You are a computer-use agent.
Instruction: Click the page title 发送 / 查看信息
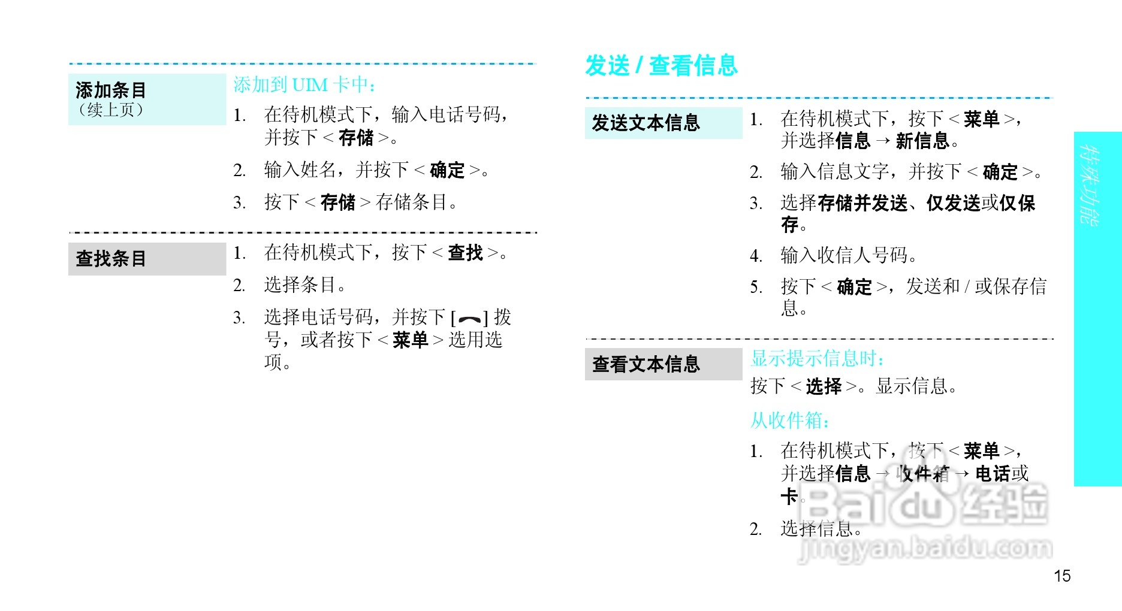click(661, 65)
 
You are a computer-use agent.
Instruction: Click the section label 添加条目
click(111, 90)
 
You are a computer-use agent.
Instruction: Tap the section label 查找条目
click(111, 259)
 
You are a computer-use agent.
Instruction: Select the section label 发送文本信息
click(646, 123)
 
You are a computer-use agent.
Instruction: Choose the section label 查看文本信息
click(646, 364)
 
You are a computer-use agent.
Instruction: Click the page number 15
click(1062, 576)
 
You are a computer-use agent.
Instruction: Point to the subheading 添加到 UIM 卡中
click(304, 85)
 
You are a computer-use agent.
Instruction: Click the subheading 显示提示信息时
click(817, 358)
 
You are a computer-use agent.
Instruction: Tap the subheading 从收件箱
click(790, 421)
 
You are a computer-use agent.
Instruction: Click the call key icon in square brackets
click(469, 319)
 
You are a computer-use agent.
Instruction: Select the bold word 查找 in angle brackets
click(465, 253)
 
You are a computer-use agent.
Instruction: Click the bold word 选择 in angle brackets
click(824, 386)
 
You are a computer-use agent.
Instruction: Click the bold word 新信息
click(922, 141)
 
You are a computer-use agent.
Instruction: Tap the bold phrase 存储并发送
click(862, 203)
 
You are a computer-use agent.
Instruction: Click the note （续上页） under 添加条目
click(111, 110)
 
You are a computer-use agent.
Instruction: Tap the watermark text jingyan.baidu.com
click(925, 548)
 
